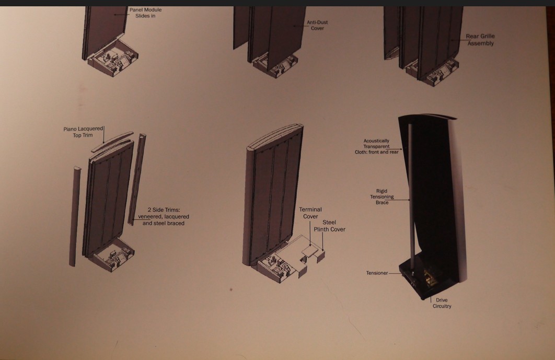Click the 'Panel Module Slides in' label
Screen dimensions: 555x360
point(145,13)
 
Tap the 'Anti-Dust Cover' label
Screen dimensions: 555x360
point(317,25)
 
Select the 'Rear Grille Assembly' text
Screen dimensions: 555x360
point(480,40)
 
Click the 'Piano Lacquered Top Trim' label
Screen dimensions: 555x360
point(83,132)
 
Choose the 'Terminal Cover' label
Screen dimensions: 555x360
point(310,213)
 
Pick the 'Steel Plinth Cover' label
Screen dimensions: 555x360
point(330,226)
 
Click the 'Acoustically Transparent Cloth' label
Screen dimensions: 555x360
point(377,146)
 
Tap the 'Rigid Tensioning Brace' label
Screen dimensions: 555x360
point(382,196)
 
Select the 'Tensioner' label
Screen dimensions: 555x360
point(377,273)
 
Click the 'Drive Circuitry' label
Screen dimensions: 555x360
point(442,303)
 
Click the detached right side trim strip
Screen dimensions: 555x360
point(137,179)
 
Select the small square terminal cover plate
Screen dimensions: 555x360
point(310,251)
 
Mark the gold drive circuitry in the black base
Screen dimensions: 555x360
point(430,275)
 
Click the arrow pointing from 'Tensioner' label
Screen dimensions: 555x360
point(395,273)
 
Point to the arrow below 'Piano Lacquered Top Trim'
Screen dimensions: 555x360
point(103,135)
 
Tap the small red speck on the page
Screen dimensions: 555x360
point(231,289)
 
